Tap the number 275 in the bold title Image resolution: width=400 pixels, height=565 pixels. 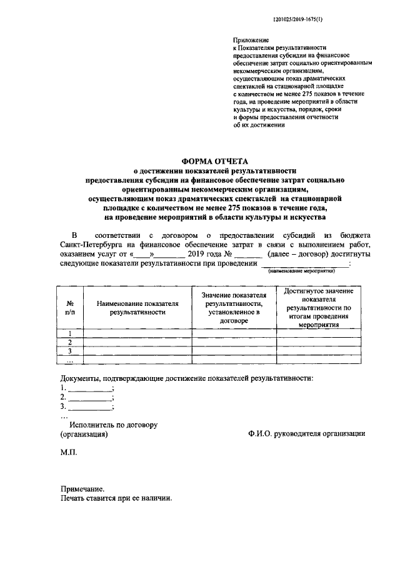246,207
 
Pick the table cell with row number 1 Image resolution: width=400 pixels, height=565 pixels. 69,333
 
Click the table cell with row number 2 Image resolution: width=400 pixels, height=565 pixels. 69,342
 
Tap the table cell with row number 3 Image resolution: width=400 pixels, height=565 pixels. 69,351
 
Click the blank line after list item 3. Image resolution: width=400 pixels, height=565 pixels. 90,407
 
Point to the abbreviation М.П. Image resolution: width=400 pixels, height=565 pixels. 68,451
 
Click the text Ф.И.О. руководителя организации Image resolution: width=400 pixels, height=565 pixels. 306,434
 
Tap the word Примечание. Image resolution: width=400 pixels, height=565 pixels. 82,489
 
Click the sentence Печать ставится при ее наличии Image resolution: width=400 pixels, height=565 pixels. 116,499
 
